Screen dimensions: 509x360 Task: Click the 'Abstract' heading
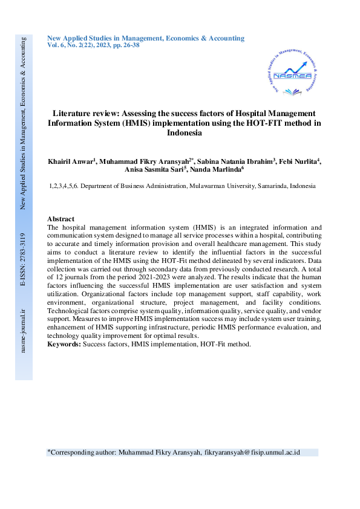tap(61, 219)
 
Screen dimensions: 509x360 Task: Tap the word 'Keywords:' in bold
tap(64, 344)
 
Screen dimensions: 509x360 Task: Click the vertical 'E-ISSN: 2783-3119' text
tap(22, 259)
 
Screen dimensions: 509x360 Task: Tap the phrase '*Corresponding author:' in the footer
tap(82, 452)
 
